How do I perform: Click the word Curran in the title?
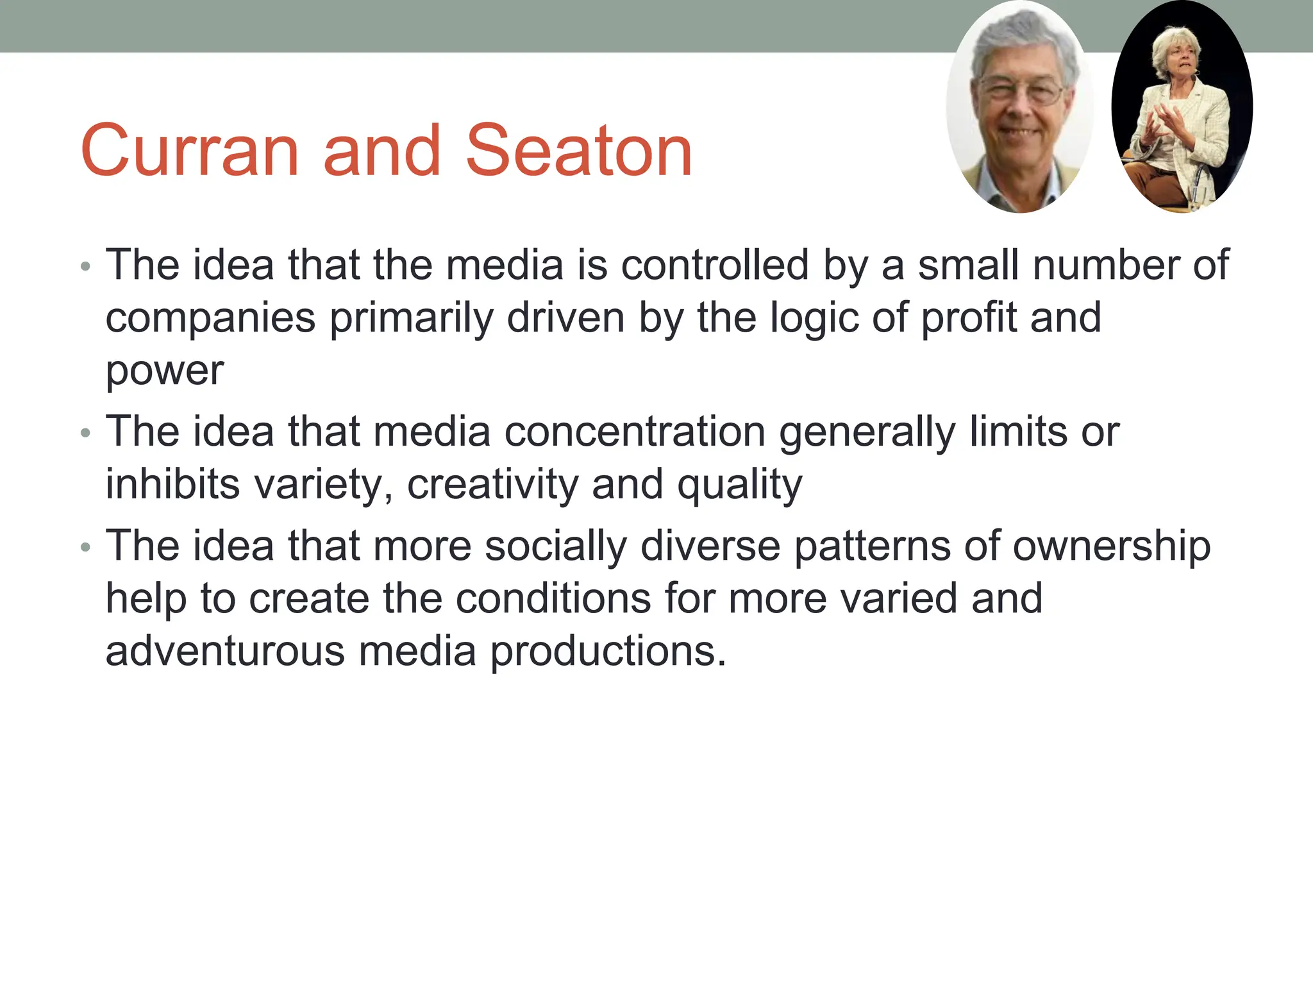pyautogui.click(x=190, y=151)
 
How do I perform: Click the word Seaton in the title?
pyautogui.click(x=578, y=151)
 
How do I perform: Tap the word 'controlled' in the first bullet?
pyautogui.click(x=715, y=265)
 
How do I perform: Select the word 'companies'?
pyautogui.click(x=210, y=319)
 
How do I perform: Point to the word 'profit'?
pyautogui.click(x=969, y=317)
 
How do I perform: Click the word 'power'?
pyautogui.click(x=165, y=371)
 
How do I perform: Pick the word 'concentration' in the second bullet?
pyautogui.click(x=635, y=432)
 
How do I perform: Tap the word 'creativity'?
pyautogui.click(x=492, y=484)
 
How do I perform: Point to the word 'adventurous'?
pyautogui.click(x=224, y=651)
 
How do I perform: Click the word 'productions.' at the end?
pyautogui.click(x=608, y=652)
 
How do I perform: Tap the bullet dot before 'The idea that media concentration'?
pyautogui.click(x=86, y=434)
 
